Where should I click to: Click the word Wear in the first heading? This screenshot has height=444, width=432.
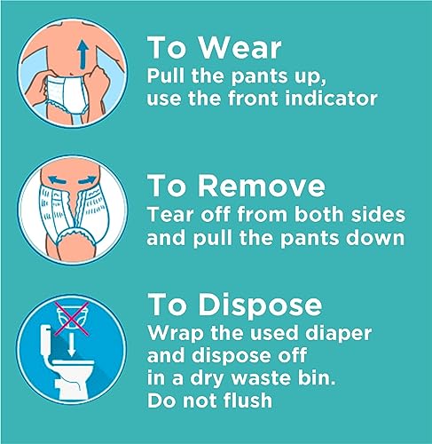[x=240, y=48]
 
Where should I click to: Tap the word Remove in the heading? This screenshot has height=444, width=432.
[x=262, y=186]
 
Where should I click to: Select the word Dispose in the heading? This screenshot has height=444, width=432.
[x=260, y=305]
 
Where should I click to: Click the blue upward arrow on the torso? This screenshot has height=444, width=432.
[x=83, y=54]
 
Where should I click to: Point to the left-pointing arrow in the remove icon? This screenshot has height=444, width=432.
[x=57, y=179]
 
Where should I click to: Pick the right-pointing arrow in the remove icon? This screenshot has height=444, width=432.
[x=87, y=180]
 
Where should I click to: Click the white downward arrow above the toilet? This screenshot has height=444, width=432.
[x=71, y=345]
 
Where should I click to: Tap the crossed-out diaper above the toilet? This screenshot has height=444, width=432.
[x=72, y=319]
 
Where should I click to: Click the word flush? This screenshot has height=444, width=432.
[x=247, y=400]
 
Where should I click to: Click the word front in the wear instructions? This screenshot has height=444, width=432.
[x=254, y=99]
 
